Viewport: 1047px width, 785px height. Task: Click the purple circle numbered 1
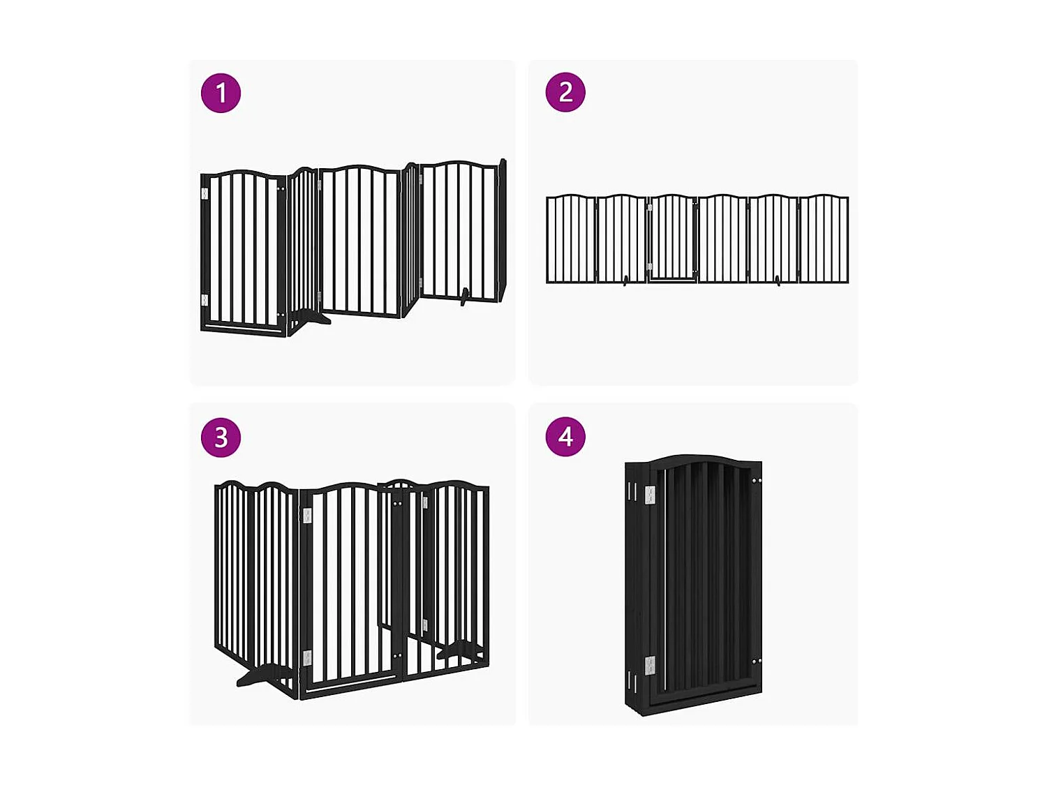coord(221,93)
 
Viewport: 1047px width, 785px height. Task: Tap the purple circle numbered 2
coord(565,92)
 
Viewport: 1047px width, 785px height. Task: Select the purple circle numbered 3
coord(221,438)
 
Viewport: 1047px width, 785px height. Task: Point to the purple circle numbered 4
coord(565,437)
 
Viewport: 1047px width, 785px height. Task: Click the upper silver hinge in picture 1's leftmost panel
coord(205,193)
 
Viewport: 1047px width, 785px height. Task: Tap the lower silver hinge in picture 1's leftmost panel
coord(205,300)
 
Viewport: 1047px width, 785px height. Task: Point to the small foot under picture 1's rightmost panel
coord(464,297)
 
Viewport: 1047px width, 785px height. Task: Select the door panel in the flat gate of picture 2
coord(672,238)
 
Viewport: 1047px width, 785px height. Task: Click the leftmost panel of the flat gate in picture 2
coord(571,239)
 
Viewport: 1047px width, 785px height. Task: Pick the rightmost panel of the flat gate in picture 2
coord(824,239)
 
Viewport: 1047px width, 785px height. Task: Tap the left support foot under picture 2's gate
coord(625,281)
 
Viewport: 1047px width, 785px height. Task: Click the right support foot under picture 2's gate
coord(778,281)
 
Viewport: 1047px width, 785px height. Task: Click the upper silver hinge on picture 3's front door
coord(307,516)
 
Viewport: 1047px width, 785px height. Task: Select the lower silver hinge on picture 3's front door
coord(307,658)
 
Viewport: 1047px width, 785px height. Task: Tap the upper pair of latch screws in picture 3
coord(397,502)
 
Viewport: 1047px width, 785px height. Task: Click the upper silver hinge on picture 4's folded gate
coord(651,495)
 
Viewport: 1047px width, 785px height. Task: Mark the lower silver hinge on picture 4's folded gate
coord(651,666)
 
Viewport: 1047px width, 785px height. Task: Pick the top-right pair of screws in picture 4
coord(756,480)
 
